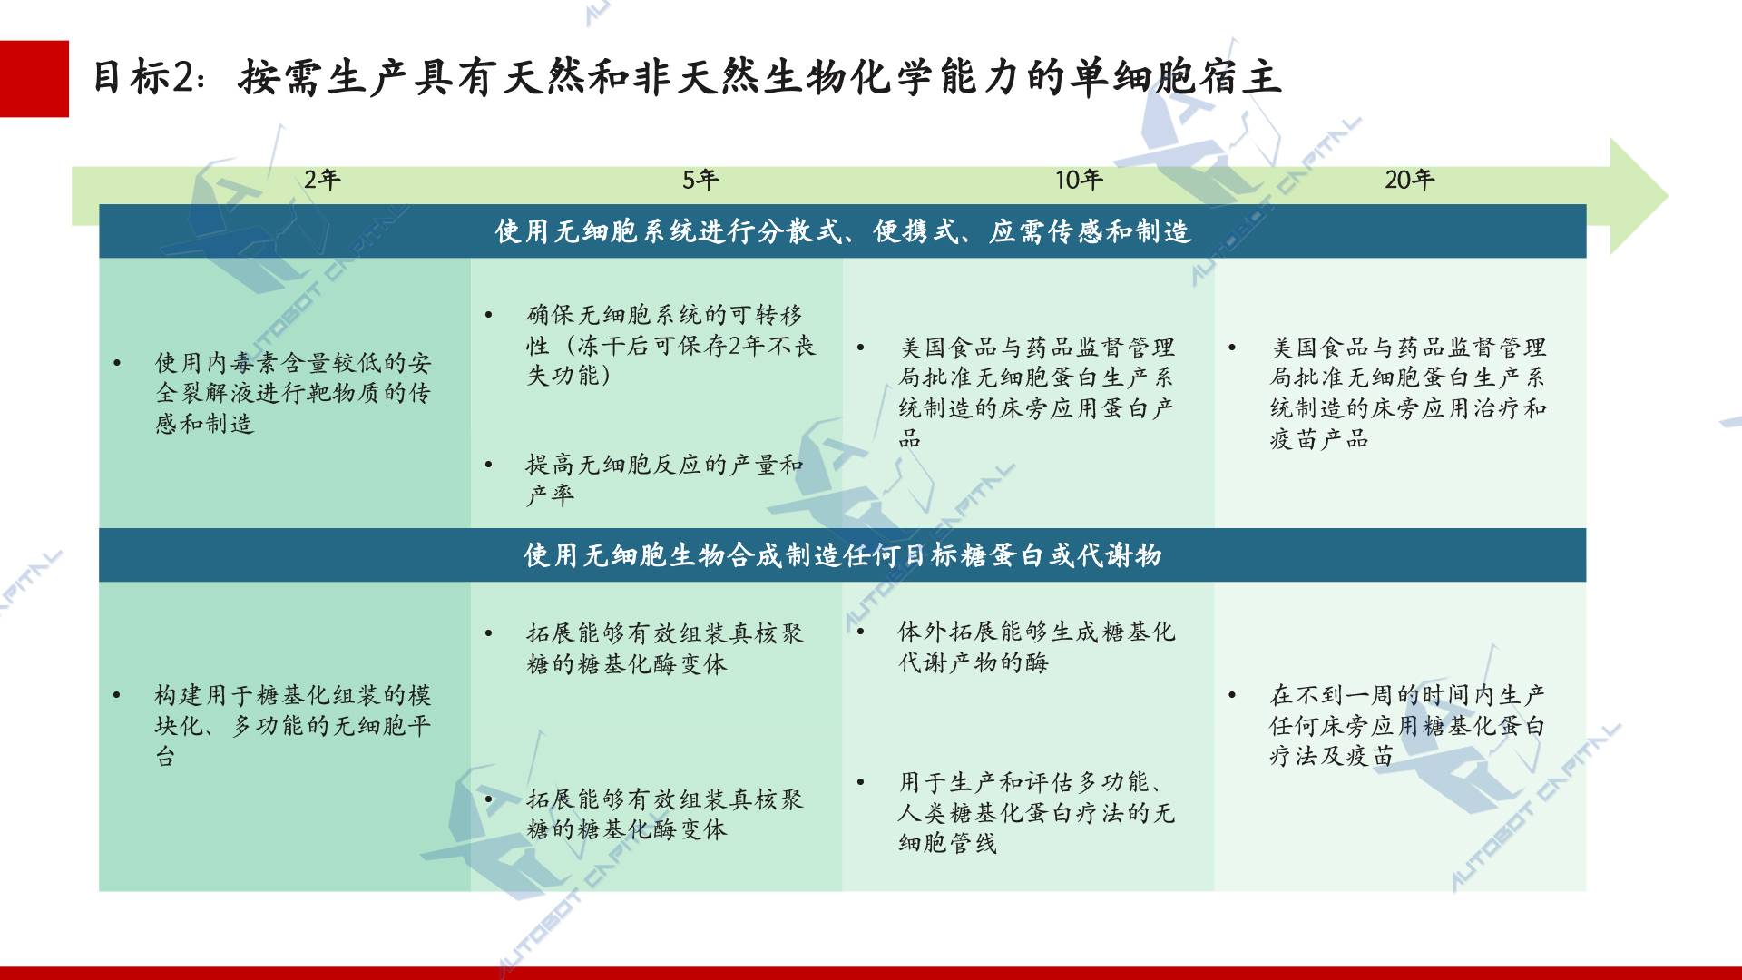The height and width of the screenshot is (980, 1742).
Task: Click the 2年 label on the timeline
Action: [322, 180]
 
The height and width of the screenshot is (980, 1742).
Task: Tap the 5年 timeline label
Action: [700, 180]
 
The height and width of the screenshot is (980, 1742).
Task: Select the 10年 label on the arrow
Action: [1079, 180]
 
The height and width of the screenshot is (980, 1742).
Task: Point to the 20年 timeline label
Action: [1409, 180]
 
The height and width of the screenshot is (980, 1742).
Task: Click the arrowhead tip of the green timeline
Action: [1668, 196]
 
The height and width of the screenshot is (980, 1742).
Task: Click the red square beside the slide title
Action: [34, 79]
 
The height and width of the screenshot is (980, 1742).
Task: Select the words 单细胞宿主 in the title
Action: [1176, 77]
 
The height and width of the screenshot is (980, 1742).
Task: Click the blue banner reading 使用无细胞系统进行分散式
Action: [842, 231]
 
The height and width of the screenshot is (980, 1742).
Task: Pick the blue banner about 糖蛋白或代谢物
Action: [842, 554]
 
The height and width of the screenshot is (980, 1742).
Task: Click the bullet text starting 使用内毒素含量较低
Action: [293, 393]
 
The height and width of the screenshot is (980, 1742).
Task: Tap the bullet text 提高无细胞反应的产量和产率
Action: [665, 479]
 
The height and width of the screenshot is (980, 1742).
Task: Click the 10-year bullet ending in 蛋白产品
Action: [1037, 393]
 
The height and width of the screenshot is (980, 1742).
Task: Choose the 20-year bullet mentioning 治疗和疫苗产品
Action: [1408, 393]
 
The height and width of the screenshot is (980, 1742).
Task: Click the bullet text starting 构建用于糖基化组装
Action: [293, 725]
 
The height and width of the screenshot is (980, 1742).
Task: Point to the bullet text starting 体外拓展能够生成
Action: [1037, 646]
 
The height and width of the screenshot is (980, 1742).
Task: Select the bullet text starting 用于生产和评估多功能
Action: [1037, 812]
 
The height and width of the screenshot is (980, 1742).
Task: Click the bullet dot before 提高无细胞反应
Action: [489, 465]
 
